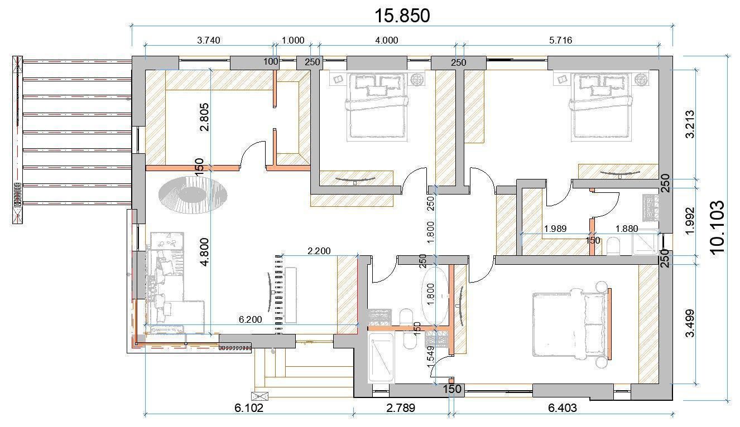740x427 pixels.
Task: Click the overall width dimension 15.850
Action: pos(402,16)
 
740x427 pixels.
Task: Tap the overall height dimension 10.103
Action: pos(717,227)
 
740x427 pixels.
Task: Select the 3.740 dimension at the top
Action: pos(209,40)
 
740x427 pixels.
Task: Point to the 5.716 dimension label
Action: pos(560,40)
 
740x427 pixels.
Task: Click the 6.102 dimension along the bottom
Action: pos(249,408)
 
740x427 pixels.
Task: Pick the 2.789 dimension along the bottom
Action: pos(400,408)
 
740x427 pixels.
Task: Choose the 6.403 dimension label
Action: pos(563,408)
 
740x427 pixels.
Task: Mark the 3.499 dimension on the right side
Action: pos(690,323)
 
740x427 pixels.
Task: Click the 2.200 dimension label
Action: pos(319,251)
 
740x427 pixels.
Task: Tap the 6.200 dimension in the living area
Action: pos(250,319)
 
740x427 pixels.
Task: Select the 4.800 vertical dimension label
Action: pos(204,252)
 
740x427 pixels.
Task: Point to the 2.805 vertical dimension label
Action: pos(204,117)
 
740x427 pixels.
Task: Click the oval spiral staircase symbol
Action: pos(193,195)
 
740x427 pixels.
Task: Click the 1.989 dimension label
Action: pos(555,229)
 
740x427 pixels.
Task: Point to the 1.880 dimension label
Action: pos(626,229)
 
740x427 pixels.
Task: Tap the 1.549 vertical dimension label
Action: pos(430,358)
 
